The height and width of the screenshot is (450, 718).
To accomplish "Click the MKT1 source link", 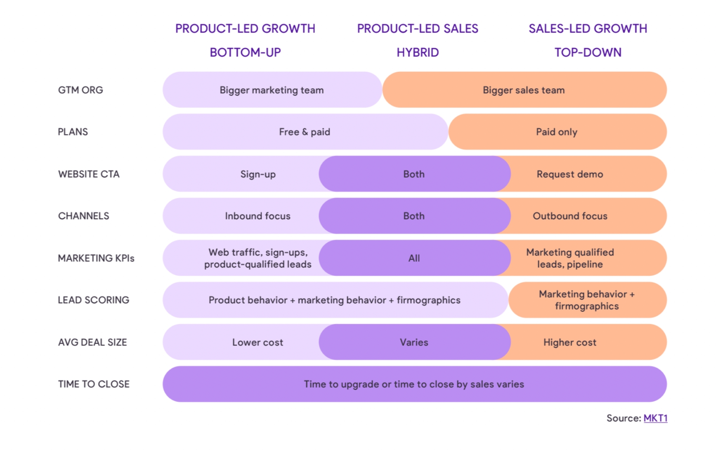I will (x=655, y=418).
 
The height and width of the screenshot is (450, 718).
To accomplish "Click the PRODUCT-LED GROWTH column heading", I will (x=245, y=28).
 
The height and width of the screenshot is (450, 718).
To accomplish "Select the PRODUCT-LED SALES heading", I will (x=417, y=28).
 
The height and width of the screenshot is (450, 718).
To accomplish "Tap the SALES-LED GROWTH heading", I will (x=588, y=28).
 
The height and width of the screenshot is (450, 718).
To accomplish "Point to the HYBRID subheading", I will (x=417, y=52).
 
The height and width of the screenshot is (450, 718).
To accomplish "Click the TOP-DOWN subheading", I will (x=588, y=52).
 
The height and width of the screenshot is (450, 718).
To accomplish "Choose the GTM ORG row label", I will (x=80, y=90).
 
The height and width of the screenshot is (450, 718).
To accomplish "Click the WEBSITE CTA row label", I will (x=89, y=174).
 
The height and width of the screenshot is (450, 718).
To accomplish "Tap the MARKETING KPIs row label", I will (x=96, y=258).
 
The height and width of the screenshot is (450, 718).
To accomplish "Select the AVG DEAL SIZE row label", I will (x=92, y=342).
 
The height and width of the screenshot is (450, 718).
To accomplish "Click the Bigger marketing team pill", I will (x=272, y=90).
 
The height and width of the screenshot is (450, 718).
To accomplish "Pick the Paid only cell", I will (x=557, y=132).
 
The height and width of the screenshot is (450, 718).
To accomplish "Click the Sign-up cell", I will (x=258, y=174).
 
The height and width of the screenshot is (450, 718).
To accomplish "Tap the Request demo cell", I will (x=570, y=174).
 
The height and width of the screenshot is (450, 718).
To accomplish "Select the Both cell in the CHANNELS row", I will (x=414, y=216).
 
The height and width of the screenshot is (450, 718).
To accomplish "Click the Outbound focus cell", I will (x=570, y=216).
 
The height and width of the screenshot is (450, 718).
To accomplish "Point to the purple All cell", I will (x=414, y=258).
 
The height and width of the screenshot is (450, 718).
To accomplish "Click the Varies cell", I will (x=414, y=342).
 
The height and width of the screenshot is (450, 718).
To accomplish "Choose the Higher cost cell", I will (x=570, y=342).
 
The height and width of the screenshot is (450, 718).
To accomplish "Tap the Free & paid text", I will (x=305, y=132).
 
